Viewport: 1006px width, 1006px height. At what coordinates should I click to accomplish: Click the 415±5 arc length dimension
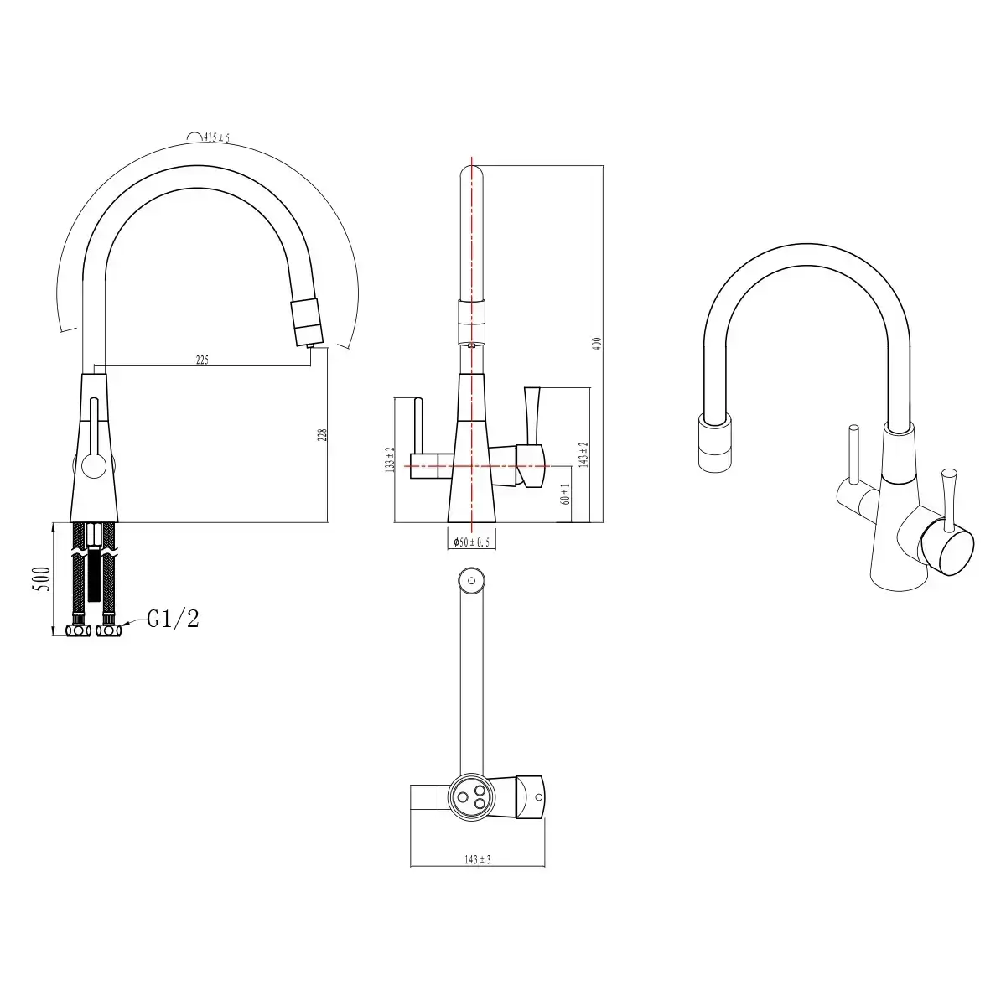(x=210, y=137)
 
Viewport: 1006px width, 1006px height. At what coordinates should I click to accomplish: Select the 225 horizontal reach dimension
(x=202, y=360)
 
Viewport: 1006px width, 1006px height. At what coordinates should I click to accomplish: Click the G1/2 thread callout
(x=173, y=620)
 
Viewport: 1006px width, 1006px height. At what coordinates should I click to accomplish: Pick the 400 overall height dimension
(x=598, y=343)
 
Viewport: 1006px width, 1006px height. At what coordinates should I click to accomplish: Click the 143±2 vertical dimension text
(x=584, y=454)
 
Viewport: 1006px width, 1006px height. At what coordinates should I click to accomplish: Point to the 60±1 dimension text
(x=567, y=494)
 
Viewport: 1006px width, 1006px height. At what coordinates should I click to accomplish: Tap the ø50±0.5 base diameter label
(x=472, y=542)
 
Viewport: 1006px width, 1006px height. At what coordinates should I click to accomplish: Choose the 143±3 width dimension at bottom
(x=477, y=859)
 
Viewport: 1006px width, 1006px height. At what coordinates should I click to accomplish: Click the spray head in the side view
(x=305, y=320)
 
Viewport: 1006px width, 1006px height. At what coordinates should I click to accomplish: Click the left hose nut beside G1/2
(x=78, y=630)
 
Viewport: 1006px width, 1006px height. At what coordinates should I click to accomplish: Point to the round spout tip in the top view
(x=471, y=579)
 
